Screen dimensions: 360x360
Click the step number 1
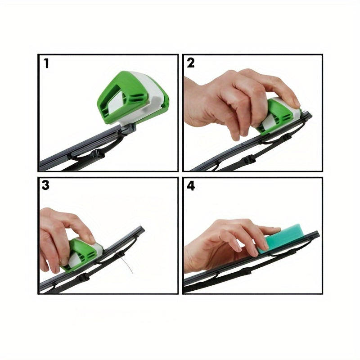coord(47,63)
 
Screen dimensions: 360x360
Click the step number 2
coord(190,63)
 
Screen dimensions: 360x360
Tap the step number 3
coord(45,185)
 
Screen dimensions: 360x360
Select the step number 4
coord(190,186)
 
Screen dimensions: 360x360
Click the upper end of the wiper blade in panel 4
coord(317,234)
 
